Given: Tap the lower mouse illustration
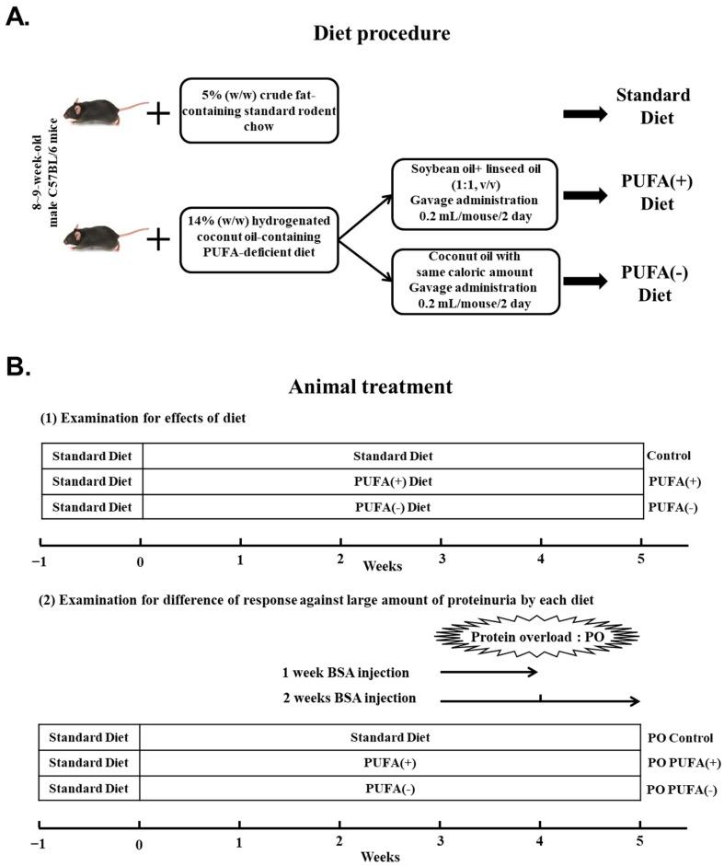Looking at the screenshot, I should (106, 239).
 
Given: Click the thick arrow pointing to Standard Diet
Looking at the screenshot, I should (585, 114).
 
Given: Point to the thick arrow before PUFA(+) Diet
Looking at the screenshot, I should (585, 194).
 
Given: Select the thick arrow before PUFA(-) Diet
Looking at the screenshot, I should (585, 279).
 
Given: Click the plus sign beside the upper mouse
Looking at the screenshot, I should (159, 114).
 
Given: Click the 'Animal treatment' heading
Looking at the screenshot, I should (371, 387).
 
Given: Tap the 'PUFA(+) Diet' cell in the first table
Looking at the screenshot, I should (393, 481).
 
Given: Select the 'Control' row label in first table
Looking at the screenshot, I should (669, 456).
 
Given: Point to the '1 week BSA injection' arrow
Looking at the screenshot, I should (488, 672).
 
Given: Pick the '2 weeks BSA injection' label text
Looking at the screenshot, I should (350, 699).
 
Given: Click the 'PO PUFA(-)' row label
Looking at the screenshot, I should (683, 789).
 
